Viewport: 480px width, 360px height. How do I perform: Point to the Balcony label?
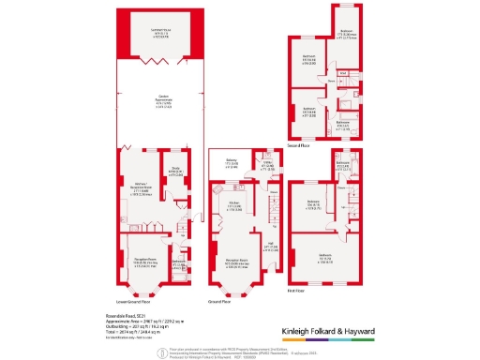pos(232,162)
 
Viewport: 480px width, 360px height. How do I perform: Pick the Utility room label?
pos(267,165)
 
